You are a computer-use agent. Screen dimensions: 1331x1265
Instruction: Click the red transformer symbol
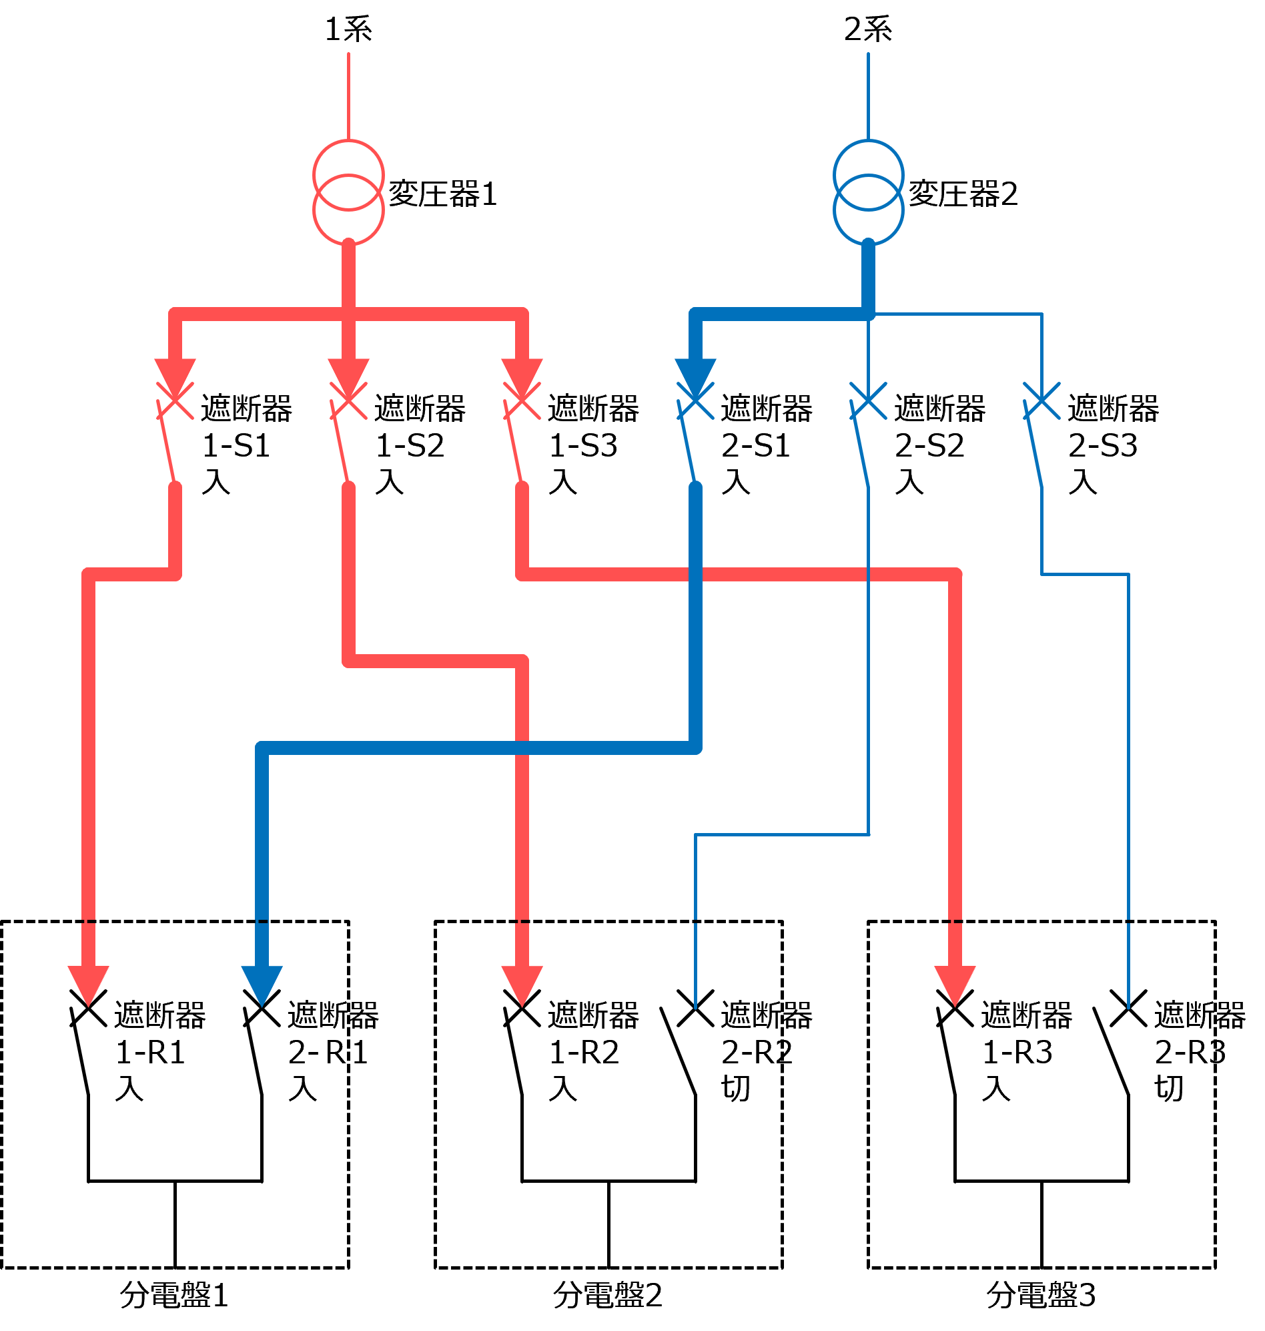(349, 193)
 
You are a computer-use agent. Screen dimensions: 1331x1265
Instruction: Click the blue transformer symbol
(869, 193)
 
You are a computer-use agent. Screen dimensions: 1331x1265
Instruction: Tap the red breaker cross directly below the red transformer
(349, 401)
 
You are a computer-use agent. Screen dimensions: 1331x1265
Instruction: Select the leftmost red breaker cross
(175, 401)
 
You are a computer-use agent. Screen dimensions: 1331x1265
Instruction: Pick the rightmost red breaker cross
(522, 401)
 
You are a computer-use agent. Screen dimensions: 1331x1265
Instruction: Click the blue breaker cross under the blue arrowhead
(695, 401)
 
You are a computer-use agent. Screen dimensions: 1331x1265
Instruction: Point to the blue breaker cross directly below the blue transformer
(869, 401)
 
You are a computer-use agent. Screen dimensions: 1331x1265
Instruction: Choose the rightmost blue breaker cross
(1041, 401)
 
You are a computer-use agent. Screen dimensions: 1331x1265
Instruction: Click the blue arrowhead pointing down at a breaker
(695, 374)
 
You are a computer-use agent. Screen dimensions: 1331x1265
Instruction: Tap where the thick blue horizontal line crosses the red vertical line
(522, 748)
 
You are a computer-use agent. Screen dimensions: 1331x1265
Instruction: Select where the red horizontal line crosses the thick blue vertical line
(695, 575)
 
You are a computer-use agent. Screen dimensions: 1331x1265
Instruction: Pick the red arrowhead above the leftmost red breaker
(175, 374)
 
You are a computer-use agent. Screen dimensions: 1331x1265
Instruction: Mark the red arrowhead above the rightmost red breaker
(522, 374)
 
